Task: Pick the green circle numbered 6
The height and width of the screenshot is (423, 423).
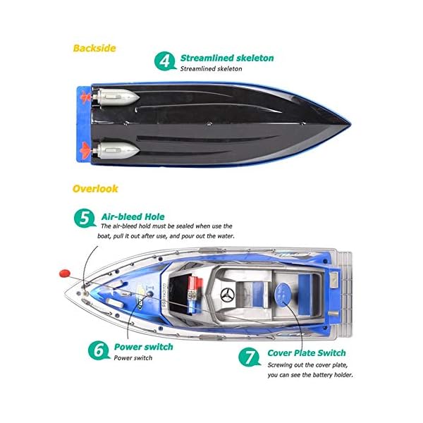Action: point(99,348)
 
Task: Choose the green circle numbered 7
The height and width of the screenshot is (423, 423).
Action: point(251,356)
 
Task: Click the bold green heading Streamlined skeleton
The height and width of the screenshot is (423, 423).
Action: point(226,59)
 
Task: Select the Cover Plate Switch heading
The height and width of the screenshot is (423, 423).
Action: point(307,352)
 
